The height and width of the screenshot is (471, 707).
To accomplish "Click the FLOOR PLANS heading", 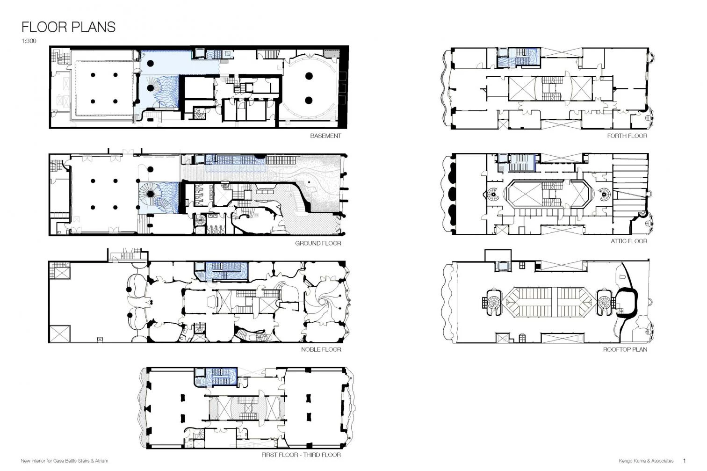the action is pyautogui.click(x=68, y=27).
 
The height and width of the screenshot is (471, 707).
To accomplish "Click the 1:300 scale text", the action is pyautogui.click(x=29, y=41).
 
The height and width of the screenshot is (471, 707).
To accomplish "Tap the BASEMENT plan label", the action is pyautogui.click(x=325, y=136).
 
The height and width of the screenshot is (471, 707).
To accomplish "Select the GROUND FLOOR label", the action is pyautogui.click(x=318, y=243).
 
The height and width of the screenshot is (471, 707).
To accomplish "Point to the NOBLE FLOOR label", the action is pyautogui.click(x=321, y=349).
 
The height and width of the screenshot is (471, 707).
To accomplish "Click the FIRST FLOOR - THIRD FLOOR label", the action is pyautogui.click(x=301, y=455).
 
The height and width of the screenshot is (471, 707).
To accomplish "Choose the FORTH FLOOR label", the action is pyautogui.click(x=627, y=136).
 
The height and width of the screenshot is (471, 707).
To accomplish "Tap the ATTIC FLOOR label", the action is pyautogui.click(x=629, y=241).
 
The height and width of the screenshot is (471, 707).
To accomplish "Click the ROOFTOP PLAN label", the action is pyautogui.click(x=625, y=349).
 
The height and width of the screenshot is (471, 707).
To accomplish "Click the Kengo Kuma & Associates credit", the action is pyautogui.click(x=646, y=461).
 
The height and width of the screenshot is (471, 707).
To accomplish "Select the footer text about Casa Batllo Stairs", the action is pyautogui.click(x=65, y=461).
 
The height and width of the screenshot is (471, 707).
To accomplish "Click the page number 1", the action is pyautogui.click(x=684, y=461).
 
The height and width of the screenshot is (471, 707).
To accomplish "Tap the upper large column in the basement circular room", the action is pyautogui.click(x=309, y=76).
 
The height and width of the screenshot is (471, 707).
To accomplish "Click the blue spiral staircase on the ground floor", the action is pyautogui.click(x=151, y=194).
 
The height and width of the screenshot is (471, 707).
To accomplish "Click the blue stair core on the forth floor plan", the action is pyautogui.click(x=519, y=58).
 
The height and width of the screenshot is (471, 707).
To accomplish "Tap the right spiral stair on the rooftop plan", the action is pyautogui.click(x=605, y=303).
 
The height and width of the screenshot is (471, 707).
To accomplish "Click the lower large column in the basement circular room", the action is pyautogui.click(x=309, y=101).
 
